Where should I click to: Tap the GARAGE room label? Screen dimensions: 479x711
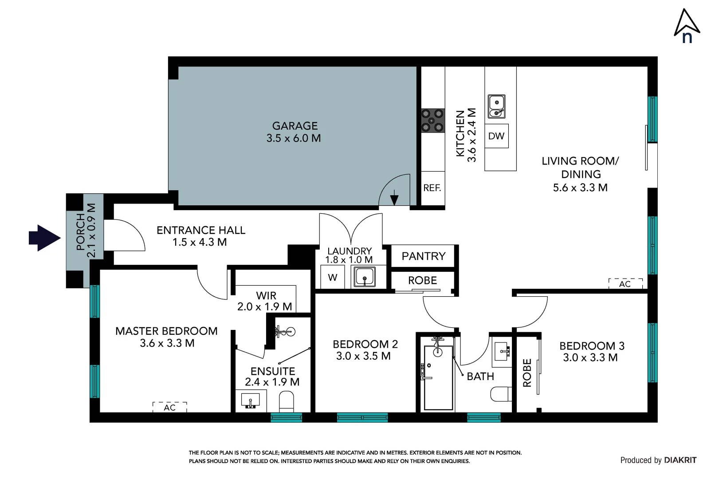(x=295, y=126)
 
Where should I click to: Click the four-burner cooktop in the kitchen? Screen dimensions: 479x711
(x=432, y=121)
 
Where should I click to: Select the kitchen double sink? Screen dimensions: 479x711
(x=496, y=106)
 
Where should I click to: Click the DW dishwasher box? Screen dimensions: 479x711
(x=496, y=136)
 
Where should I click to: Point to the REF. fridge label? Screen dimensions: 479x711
(x=432, y=188)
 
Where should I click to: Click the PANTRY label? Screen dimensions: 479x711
(x=423, y=256)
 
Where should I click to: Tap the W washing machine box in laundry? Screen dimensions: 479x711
(x=332, y=278)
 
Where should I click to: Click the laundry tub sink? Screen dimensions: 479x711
(x=365, y=277)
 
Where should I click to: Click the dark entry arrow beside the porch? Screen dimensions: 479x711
(x=44, y=238)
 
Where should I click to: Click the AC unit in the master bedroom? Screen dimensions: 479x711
(x=169, y=407)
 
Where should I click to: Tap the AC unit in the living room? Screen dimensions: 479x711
(x=625, y=283)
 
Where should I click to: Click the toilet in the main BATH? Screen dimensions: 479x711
(x=501, y=394)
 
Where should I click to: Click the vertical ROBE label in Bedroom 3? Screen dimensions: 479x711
(x=527, y=373)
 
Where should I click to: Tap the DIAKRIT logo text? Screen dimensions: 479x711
(x=680, y=460)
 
